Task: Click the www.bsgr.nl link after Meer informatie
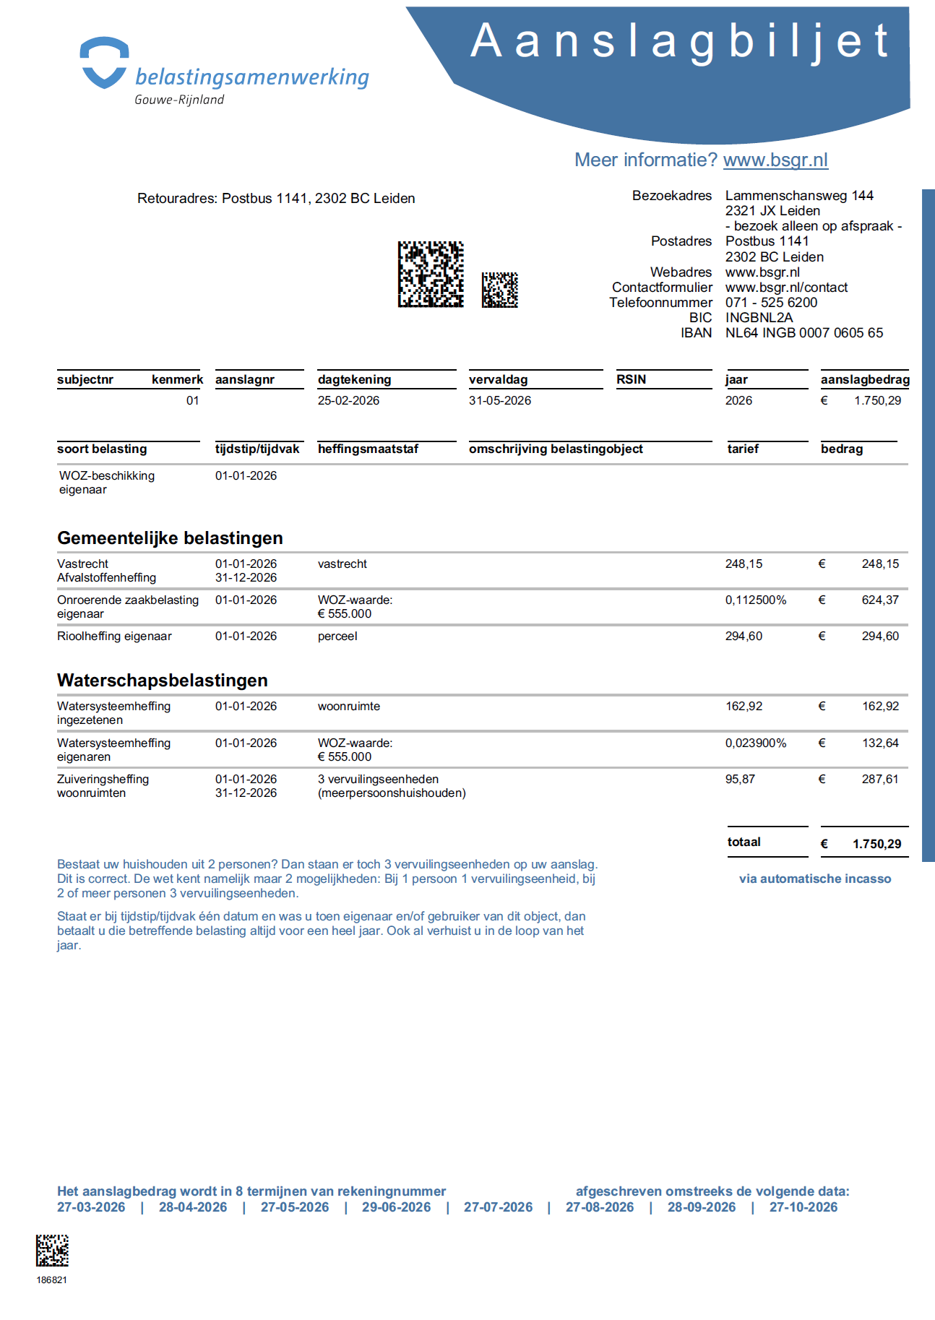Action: click(775, 160)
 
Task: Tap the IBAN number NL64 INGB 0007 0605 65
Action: click(803, 333)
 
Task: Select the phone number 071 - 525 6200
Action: click(771, 303)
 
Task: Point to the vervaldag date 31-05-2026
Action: click(499, 400)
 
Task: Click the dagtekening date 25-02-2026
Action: click(348, 400)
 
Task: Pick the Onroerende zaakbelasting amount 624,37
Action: click(880, 600)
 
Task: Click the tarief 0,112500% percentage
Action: click(755, 600)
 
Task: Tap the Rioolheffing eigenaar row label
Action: click(114, 637)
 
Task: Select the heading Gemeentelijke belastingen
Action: click(170, 538)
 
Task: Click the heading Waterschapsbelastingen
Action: click(162, 681)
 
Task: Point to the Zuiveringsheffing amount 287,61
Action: click(880, 780)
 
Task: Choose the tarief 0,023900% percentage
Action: click(755, 743)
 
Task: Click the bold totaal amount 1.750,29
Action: click(876, 844)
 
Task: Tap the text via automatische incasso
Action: click(814, 879)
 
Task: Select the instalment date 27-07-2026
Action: click(498, 1207)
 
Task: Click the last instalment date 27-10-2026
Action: click(803, 1207)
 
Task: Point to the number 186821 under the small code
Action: click(52, 1280)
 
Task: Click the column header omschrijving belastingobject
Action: click(556, 449)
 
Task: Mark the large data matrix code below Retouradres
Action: click(431, 275)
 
